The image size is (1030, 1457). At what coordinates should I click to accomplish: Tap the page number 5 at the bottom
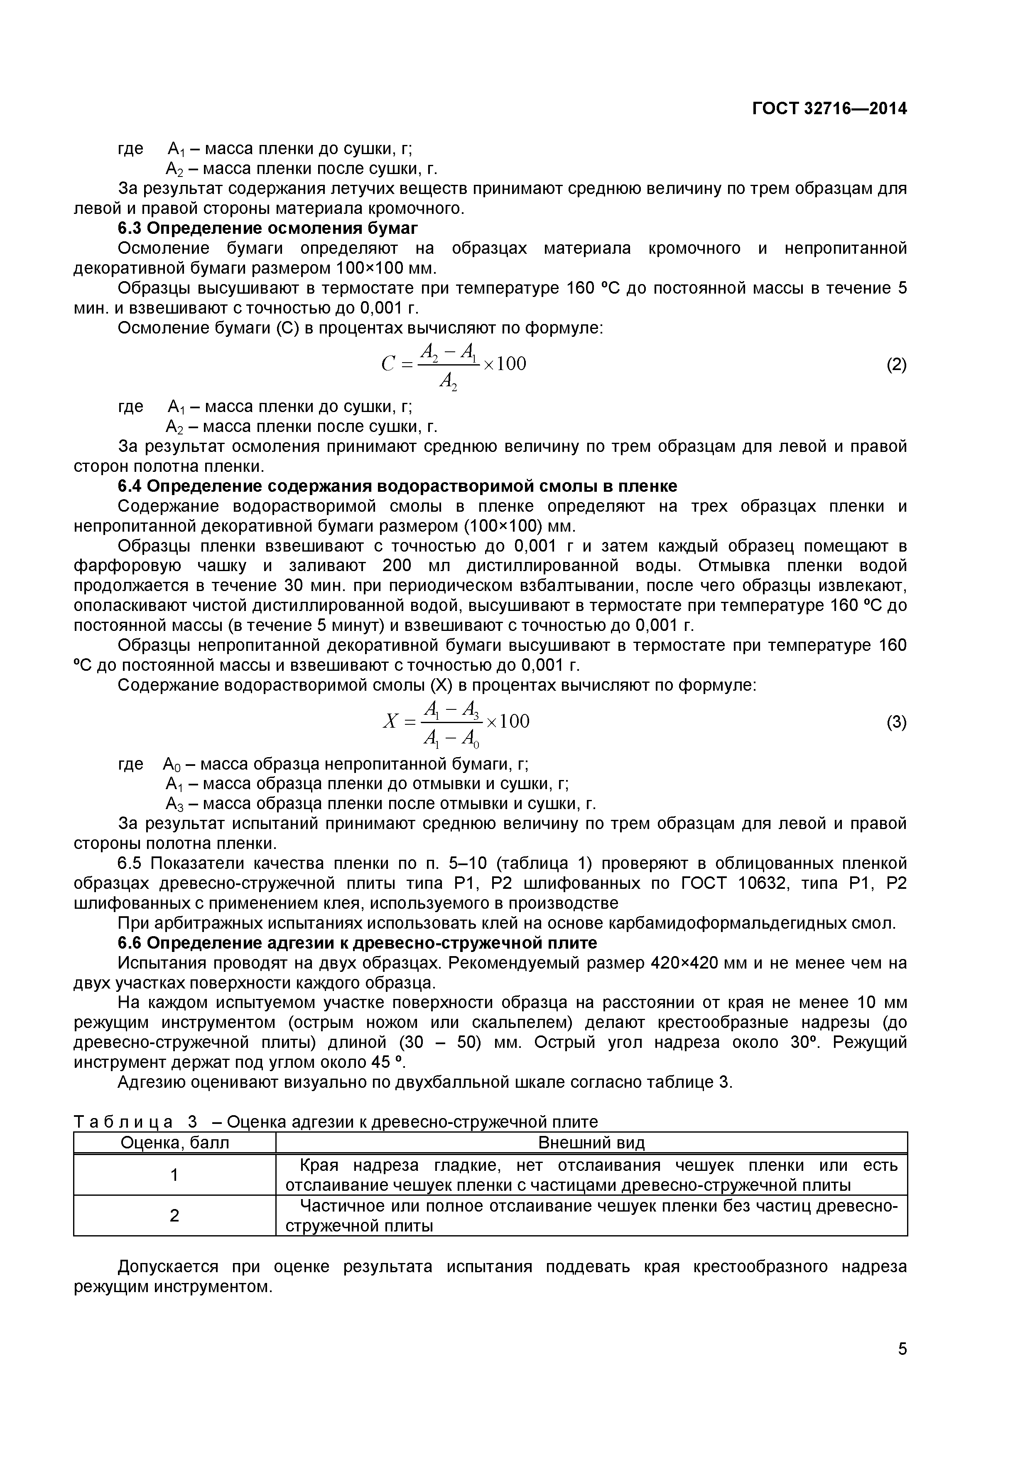[902, 1366]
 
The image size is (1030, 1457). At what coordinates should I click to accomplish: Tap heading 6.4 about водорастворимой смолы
[397, 486]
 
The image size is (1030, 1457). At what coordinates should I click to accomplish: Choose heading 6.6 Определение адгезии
[357, 943]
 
